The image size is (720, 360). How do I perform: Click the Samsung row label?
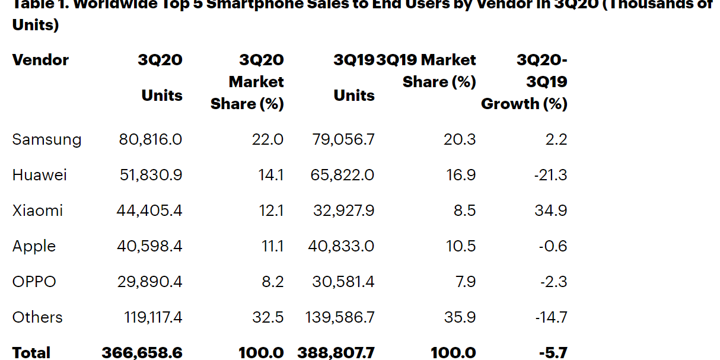[47, 139]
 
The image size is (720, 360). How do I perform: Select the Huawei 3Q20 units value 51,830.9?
[149, 175]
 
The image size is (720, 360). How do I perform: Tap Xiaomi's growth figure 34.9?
[551, 211]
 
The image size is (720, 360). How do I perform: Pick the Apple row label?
[34, 246]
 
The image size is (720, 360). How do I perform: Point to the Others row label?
[37, 317]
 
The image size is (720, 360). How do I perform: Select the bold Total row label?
[31, 353]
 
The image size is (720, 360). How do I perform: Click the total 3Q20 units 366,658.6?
[142, 353]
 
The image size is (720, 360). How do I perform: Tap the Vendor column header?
[40, 60]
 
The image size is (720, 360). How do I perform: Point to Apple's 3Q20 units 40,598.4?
[149, 246]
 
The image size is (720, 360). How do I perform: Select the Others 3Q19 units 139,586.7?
[340, 317]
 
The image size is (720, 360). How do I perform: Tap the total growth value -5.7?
[553, 353]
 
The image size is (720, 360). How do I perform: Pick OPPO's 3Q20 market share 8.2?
[272, 282]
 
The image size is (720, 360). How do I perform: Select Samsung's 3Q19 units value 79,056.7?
[343, 139]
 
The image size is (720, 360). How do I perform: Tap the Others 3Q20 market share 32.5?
[267, 317]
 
